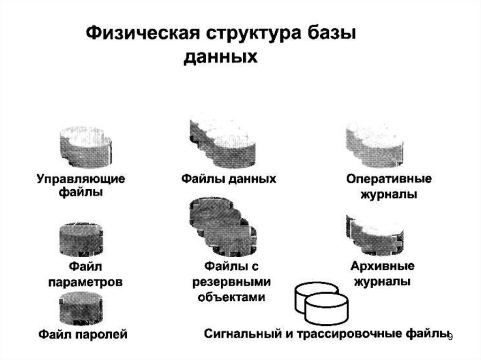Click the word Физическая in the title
point(141,35)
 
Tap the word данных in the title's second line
point(220,57)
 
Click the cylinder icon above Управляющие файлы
point(85,146)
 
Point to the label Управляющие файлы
point(81,185)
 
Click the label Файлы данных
point(229,179)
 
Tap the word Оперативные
point(389,179)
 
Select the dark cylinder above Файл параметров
point(81,240)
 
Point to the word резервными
point(232,282)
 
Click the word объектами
point(232,297)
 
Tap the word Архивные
point(382,266)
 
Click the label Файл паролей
point(83,334)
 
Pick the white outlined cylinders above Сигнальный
point(321,303)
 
